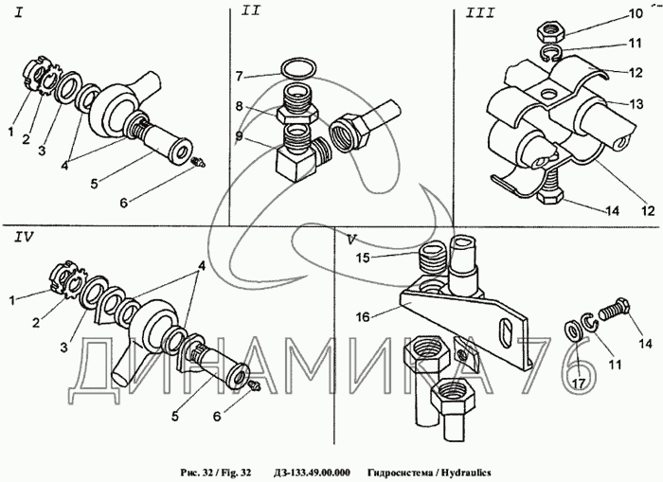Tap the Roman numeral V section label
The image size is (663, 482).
351,240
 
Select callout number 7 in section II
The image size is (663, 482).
240,77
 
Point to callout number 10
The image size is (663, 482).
636,13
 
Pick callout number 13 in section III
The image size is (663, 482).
636,103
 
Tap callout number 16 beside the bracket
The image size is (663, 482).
363,316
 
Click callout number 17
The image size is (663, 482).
579,384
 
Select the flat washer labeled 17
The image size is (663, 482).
574,331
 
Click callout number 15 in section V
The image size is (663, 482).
363,258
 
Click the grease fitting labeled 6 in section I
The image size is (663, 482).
197,162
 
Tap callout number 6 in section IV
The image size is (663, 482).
217,417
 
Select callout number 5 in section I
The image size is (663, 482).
94,183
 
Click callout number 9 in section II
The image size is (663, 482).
240,136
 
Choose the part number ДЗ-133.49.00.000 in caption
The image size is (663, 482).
312,473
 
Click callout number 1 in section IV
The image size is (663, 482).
12,300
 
